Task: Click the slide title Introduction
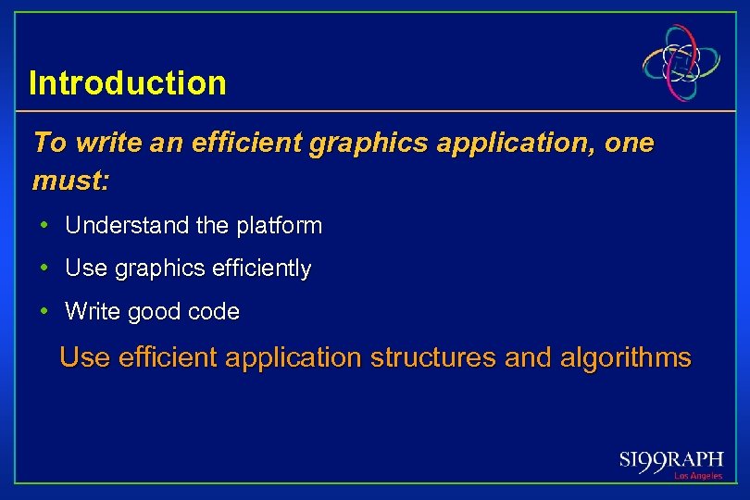[x=128, y=83]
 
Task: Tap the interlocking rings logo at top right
[x=682, y=63]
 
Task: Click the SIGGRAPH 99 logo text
[x=670, y=460]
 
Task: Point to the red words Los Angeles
[x=697, y=476]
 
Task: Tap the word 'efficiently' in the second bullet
[x=261, y=269]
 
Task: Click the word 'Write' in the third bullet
[x=93, y=313]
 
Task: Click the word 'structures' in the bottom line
[x=432, y=357]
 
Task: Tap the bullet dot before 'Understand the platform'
[x=44, y=225]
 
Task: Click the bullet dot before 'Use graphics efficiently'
[x=44, y=269]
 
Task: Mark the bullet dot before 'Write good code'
[x=44, y=312]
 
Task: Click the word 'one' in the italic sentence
[x=632, y=144]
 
